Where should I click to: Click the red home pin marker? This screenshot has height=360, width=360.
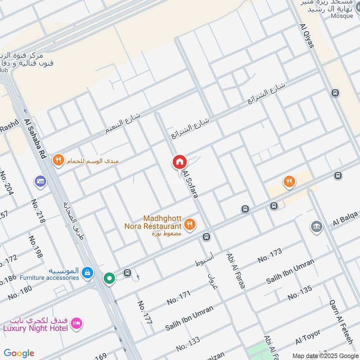click(180, 162)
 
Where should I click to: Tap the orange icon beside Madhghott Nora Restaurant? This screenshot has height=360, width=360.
click(190, 224)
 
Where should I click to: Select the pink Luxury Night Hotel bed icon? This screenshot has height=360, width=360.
click(77, 323)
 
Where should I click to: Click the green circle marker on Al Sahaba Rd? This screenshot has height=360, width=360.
click(109, 278)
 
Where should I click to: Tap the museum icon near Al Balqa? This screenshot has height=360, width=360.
click(316, 226)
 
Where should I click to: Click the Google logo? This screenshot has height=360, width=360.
click(19, 353)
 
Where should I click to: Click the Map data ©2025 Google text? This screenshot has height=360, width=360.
click(325, 355)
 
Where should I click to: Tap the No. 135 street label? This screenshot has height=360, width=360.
click(300, 293)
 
